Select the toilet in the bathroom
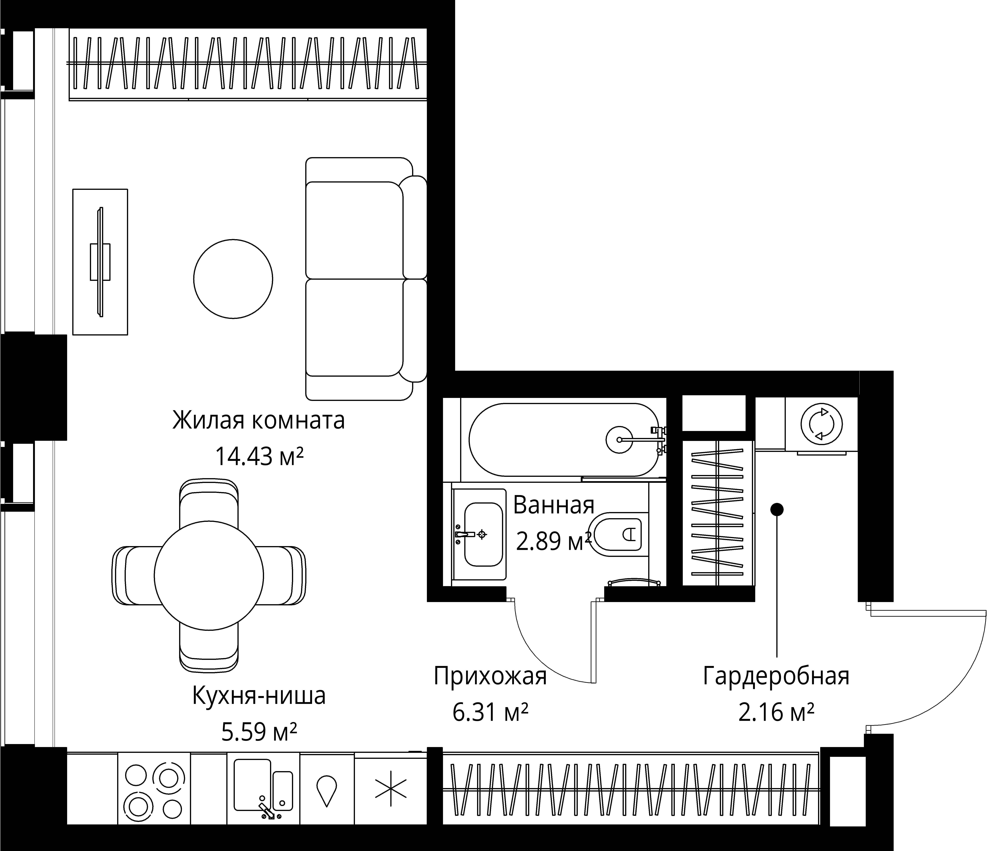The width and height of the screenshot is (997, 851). [618, 534]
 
